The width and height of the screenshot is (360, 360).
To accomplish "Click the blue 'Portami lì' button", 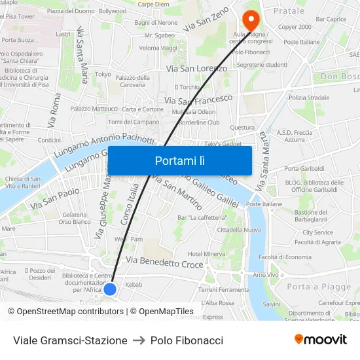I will (x=179, y=160).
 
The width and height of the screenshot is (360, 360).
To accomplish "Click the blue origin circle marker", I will (x=110, y=289).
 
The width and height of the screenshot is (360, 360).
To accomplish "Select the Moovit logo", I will (x=321, y=340).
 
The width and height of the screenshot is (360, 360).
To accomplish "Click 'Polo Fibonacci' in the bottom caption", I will (x=187, y=340).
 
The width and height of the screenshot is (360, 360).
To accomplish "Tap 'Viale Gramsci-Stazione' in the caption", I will (x=70, y=340).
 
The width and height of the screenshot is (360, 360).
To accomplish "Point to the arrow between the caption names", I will (x=139, y=340).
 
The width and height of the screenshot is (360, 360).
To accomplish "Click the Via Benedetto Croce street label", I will (x=164, y=263).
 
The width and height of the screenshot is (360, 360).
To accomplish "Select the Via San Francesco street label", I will (x=198, y=99).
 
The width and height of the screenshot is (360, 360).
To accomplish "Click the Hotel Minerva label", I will (x=206, y=254).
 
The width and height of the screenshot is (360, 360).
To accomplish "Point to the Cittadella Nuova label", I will (x=239, y=230).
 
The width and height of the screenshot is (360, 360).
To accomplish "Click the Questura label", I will (x=242, y=128).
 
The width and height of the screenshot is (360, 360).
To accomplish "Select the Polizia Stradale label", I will (x=309, y=98).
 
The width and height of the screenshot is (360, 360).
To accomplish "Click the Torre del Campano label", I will (x=134, y=122).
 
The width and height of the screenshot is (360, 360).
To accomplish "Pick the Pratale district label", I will (x=289, y=11).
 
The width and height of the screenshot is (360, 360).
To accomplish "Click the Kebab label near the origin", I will (x=134, y=285).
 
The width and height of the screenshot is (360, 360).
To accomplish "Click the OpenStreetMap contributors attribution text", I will (x=65, y=312).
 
